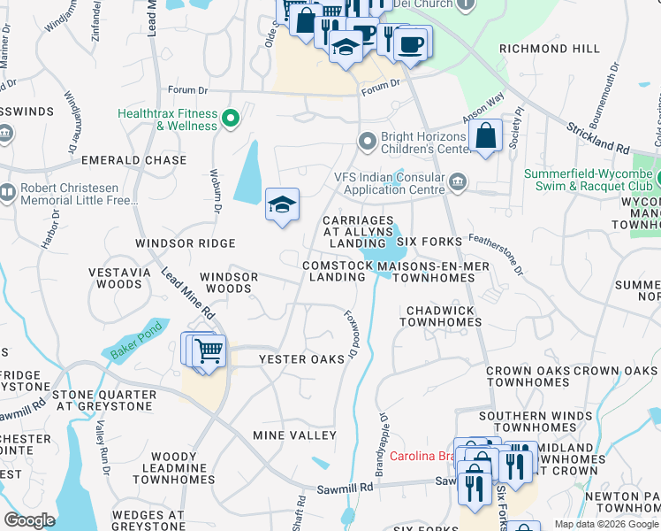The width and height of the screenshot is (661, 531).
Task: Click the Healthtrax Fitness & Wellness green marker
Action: click(231, 117)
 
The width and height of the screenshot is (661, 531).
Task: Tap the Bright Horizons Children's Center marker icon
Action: click(368, 141)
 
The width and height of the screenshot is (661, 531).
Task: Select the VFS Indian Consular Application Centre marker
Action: click(458, 182)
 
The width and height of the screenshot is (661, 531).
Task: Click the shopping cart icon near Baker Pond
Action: click(209, 351)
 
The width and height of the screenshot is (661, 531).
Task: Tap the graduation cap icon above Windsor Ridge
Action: click(282, 204)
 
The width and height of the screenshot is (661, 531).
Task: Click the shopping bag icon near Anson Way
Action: click(486, 136)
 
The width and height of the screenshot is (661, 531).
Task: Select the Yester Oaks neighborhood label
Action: click(300, 359)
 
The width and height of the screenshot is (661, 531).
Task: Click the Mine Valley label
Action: click(294, 435)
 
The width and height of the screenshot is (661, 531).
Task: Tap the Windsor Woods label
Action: click(229, 282)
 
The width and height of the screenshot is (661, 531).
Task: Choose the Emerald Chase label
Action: click(133, 160)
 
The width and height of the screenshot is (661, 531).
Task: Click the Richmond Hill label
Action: click(549, 49)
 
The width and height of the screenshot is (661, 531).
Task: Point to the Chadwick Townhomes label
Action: click(440, 316)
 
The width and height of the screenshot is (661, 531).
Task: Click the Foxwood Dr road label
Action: click(352, 333)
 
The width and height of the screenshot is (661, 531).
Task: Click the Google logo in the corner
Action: click(29, 520)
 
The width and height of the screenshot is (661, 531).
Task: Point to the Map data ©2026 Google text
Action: click(606, 524)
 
